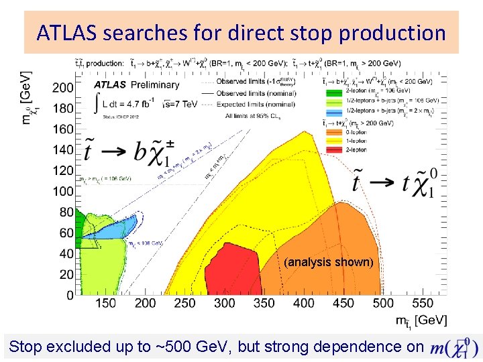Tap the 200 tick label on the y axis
tap(63, 88)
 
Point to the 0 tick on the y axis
tap(70, 296)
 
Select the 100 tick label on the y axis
tap(63, 192)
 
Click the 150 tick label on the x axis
tap(105, 304)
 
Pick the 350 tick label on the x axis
tap(264, 304)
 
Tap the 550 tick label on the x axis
tap(423, 304)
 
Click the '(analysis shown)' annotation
tap(328, 262)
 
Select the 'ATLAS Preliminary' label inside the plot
tap(137, 85)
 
